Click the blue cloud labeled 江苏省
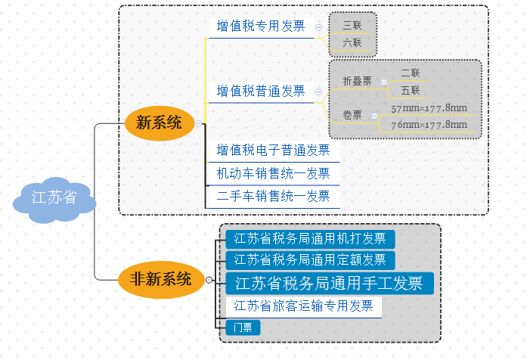coord(54,199)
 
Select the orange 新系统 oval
coord(158,123)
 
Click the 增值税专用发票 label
coord(261,26)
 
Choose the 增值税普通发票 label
coord(261,92)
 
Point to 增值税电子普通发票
coord(273,151)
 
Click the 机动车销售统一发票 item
coord(273,173)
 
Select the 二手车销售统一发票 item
coord(273,197)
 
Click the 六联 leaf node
coord(352,43)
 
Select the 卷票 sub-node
coord(352,116)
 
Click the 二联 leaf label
coord(410,73)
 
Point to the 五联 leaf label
coord(410,91)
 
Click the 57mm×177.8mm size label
coord(429,107)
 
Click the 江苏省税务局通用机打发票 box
coord(310,239)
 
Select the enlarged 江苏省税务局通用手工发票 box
coord(329,284)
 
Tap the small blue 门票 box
coord(243,327)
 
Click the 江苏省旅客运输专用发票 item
coord(303,306)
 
